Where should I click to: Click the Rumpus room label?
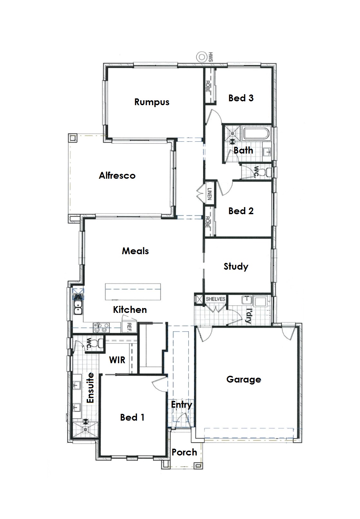point(152,102)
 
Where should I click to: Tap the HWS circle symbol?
point(201,57)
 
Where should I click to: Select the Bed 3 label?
point(241,98)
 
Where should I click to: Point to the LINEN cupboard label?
point(209,194)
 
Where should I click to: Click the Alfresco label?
point(117,175)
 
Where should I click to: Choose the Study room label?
point(236,266)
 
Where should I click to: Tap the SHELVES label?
point(216,299)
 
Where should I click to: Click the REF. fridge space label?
point(129,327)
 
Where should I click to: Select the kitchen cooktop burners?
point(101,328)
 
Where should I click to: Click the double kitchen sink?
point(78,307)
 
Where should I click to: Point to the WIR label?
point(117,360)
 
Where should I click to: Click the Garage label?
point(244,379)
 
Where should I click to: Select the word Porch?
point(184,452)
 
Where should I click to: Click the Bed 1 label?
point(132,417)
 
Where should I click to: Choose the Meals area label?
point(135,251)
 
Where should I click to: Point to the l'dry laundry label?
point(248,315)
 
